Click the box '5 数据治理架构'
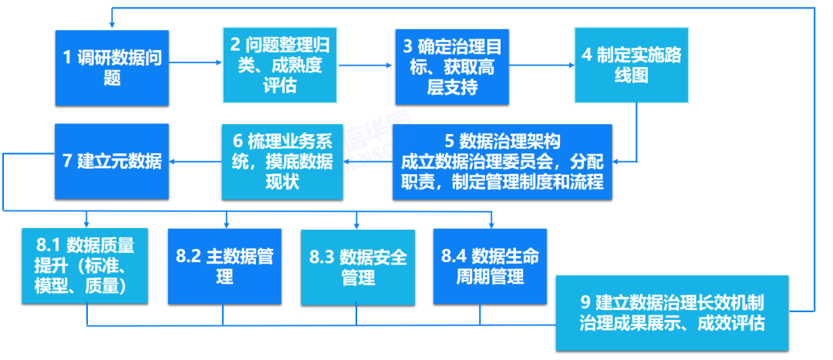(502, 162)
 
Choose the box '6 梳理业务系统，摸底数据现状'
(281, 162)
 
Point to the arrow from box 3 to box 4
(540, 66)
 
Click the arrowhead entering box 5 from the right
(618, 161)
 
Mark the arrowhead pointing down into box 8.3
(357, 225)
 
